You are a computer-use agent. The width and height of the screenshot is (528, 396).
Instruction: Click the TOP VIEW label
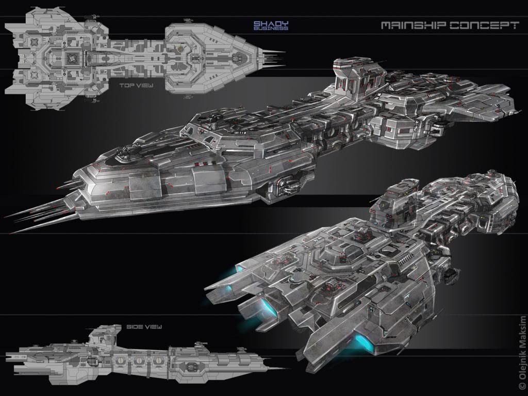135,86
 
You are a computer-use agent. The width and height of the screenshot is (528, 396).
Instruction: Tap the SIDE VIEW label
144,326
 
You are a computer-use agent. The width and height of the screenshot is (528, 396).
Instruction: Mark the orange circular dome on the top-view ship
179,49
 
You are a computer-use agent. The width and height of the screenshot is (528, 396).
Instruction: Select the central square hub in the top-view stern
70,57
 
